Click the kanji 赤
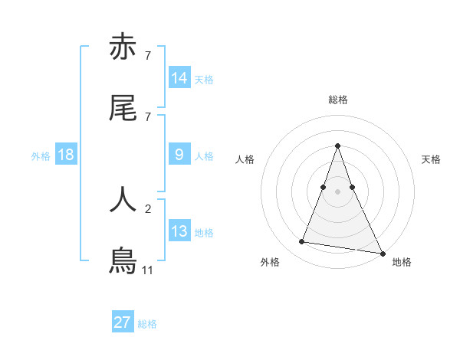point(123,47)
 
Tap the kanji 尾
point(123,110)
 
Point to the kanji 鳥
point(123,260)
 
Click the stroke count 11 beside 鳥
point(147,270)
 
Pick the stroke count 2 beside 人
point(147,208)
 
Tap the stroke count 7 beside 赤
point(147,56)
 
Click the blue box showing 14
point(179,78)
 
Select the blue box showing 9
point(179,155)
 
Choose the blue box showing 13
point(179,231)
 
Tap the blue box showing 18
point(66,155)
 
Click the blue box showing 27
point(123,322)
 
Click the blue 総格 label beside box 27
point(147,324)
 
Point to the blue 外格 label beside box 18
point(40,155)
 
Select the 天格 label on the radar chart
point(431,159)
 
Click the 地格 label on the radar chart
point(402,263)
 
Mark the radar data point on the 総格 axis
point(337,146)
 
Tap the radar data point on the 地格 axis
point(382,253)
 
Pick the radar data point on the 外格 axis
point(301,242)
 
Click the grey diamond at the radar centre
point(337,191)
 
